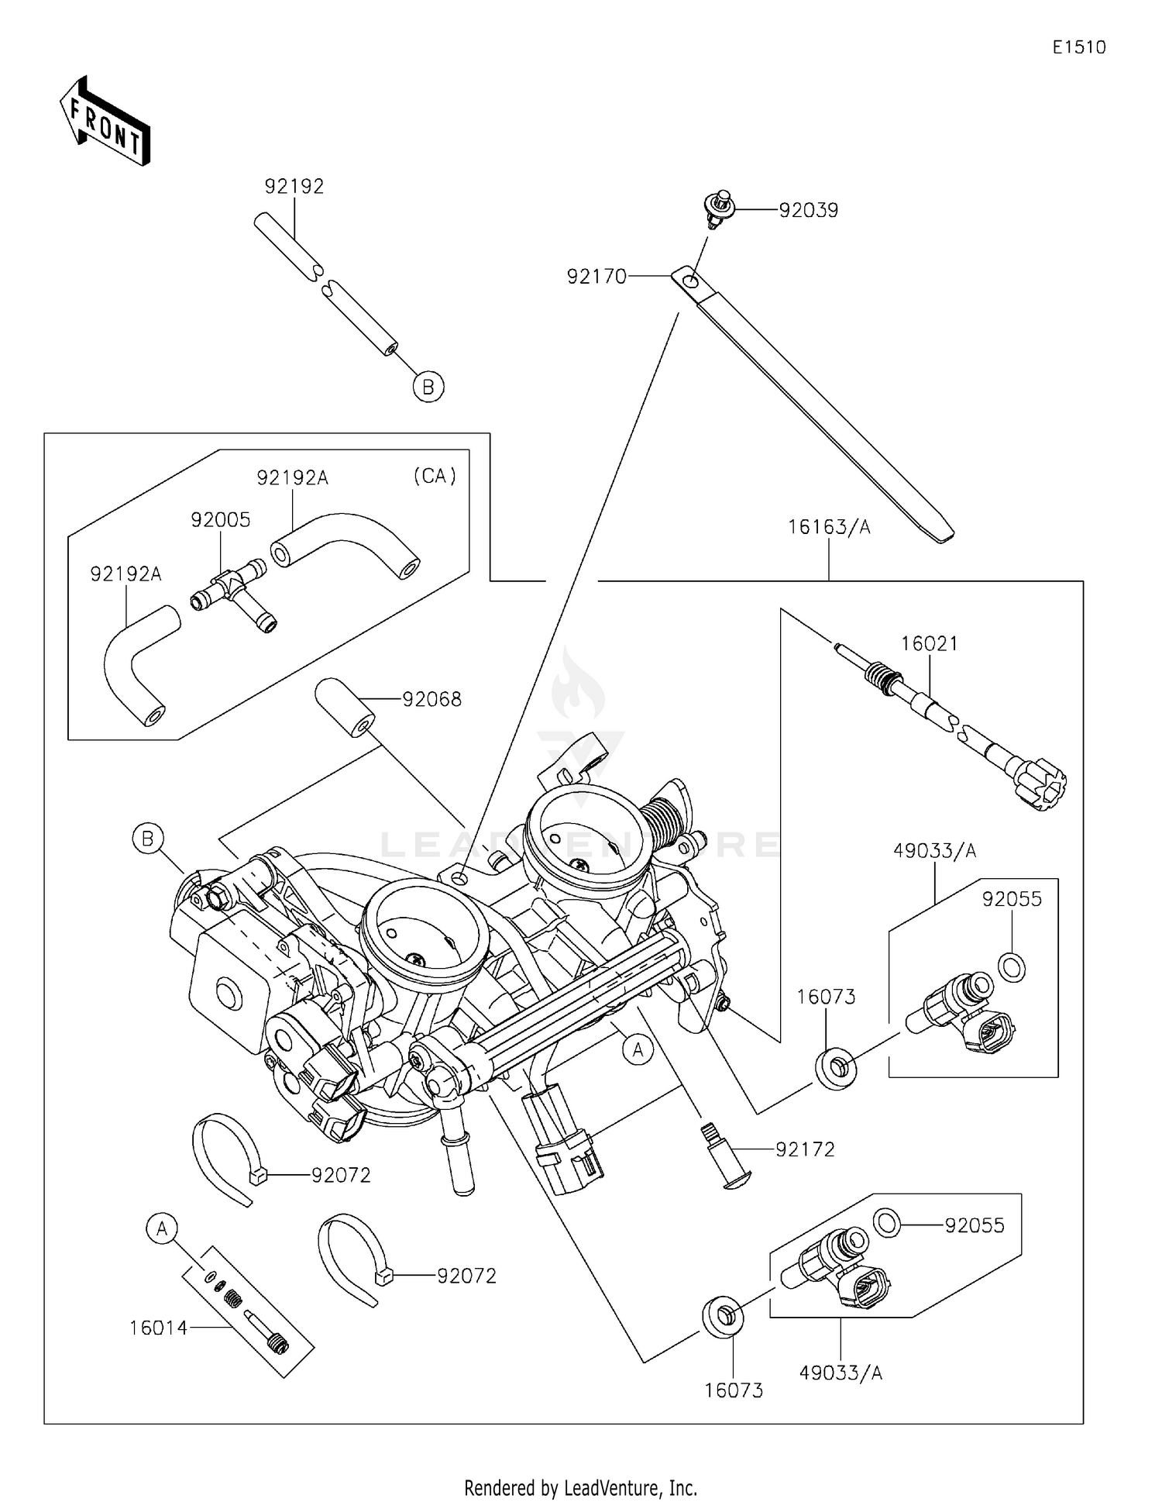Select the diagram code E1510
1078,47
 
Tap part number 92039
808,210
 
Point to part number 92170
596,276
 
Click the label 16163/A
829,527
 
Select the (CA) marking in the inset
435,475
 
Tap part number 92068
431,699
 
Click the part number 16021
929,643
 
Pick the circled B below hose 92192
428,386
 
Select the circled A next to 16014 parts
162,1228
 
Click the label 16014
158,1328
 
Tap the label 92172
805,1149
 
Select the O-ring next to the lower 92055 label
887,1223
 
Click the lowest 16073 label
733,1390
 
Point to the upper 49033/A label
934,851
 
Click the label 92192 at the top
294,186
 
